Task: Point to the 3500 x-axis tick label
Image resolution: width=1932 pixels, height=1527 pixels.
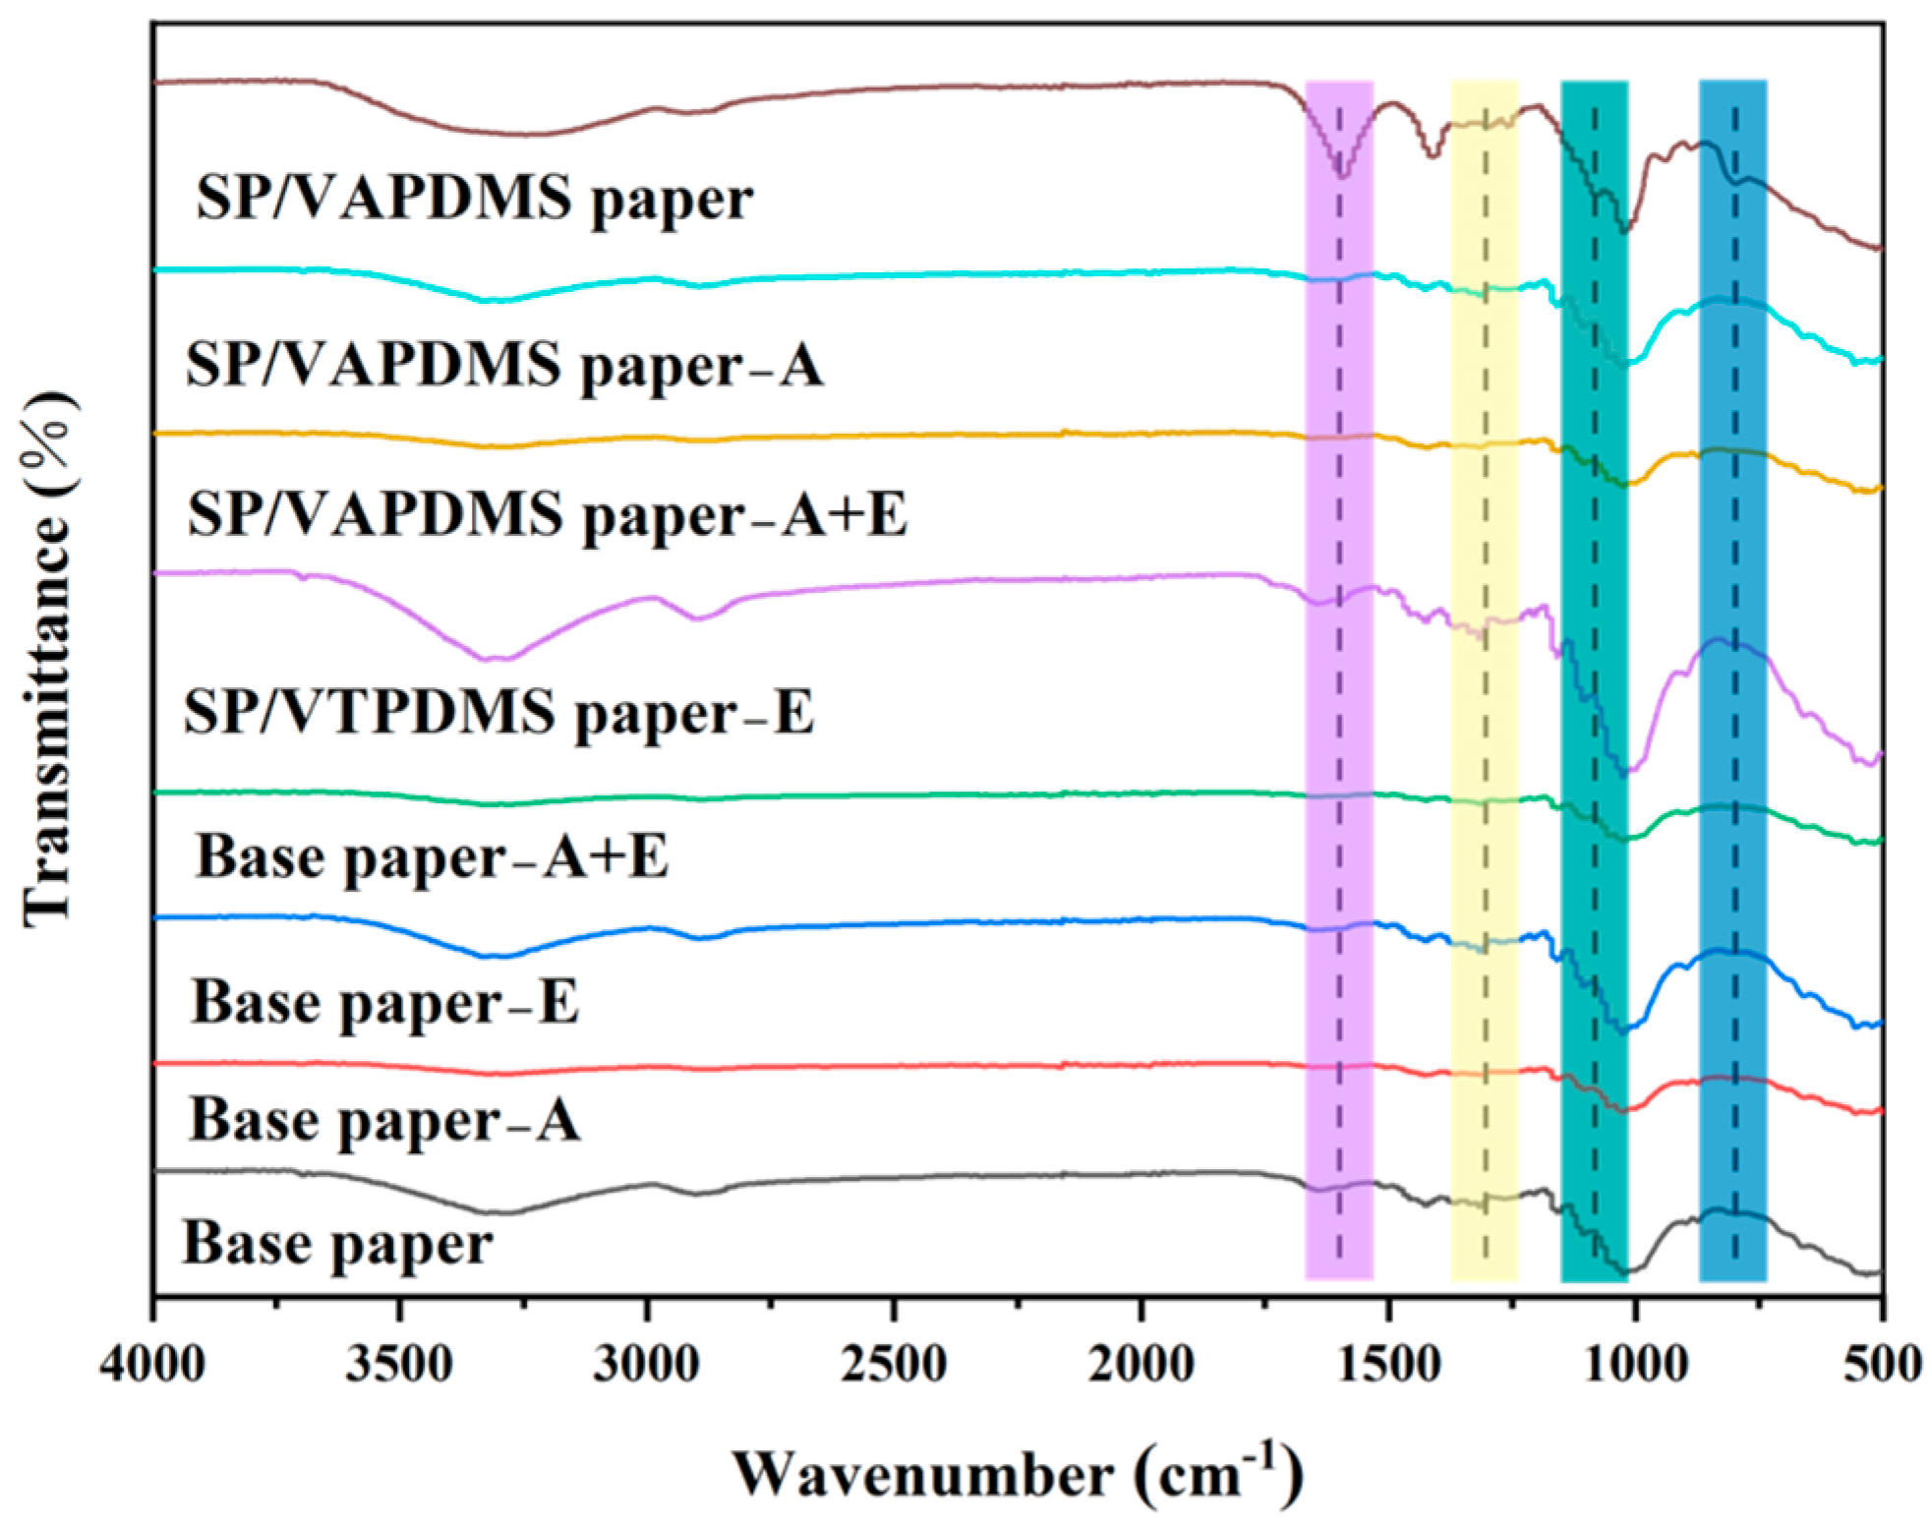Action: (399, 1364)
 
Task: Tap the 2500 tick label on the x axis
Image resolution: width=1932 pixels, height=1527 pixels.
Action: (894, 1364)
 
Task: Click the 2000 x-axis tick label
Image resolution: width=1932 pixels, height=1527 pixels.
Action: (1141, 1364)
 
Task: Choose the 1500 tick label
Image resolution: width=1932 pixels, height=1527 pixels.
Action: (1388, 1364)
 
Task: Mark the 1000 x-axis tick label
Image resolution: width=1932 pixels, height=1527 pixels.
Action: (1635, 1364)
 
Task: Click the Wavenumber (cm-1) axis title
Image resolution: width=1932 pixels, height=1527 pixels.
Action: (1017, 1473)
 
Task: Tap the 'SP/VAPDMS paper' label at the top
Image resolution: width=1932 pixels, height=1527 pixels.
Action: (474, 199)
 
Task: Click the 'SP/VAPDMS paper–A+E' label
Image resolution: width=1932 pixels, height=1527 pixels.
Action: (547, 514)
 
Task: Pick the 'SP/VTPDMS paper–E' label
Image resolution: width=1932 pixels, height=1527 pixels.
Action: (498, 712)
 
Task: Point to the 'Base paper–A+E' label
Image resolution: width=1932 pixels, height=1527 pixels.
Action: (432, 856)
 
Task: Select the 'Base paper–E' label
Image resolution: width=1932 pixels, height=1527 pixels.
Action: (384, 1003)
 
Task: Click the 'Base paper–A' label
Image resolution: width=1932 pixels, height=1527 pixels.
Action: (384, 1120)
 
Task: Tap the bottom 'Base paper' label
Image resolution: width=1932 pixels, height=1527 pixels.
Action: (337, 1243)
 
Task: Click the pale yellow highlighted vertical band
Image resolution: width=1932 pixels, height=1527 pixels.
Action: (1484, 688)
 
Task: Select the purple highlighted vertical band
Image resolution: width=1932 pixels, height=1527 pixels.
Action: (1338, 688)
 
